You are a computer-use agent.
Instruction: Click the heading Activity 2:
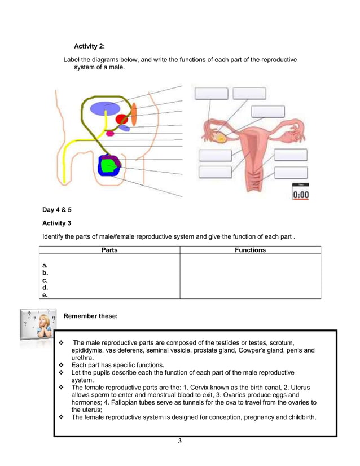pos(89,46)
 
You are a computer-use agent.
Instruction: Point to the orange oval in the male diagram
pos(134,114)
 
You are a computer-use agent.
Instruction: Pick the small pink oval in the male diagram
pos(110,134)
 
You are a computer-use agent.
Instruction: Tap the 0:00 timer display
pos(300,195)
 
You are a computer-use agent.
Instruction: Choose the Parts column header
pos(109,250)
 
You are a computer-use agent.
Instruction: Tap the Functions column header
pos(250,250)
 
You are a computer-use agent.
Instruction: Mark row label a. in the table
pos(45,265)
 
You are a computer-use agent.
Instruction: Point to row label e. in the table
pos(45,294)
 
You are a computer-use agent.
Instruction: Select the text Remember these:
pos(91,316)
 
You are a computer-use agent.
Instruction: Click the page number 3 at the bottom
pos(180,441)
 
